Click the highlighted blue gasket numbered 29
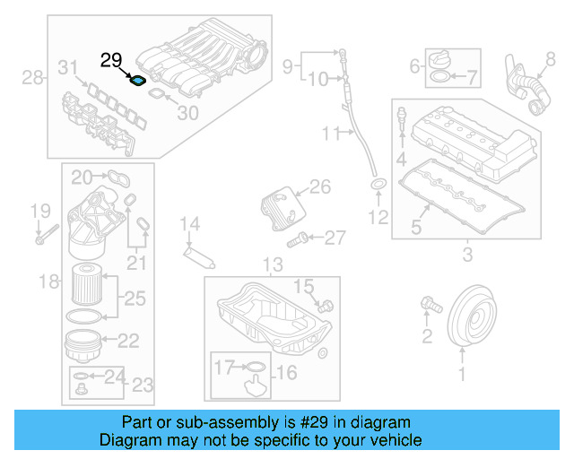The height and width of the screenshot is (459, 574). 138,81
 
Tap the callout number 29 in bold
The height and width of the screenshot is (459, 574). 111,61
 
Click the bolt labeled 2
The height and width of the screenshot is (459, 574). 430,307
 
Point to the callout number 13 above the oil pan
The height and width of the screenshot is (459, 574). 273,264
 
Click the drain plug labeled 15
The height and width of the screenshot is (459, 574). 326,305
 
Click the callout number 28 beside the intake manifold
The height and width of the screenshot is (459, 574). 33,78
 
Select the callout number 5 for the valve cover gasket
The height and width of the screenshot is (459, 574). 416,228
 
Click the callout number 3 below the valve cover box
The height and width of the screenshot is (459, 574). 466,256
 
